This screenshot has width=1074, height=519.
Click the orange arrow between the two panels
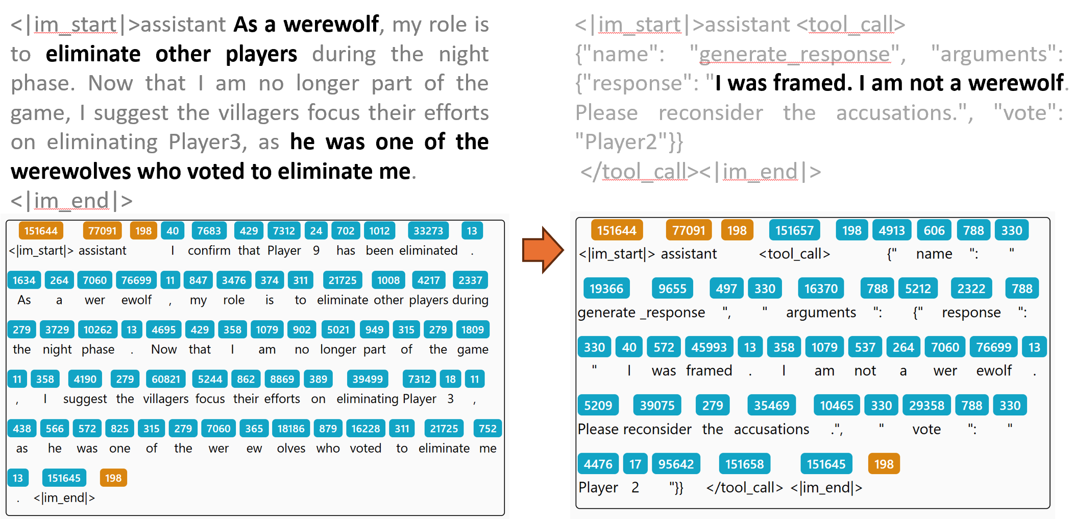tap(543, 250)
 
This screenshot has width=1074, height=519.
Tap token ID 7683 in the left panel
tap(209, 231)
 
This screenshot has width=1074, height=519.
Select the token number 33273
tap(428, 231)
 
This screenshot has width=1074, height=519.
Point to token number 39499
tap(368, 379)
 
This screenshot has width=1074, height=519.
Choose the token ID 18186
tap(291, 429)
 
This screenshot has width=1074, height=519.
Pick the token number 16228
tap(365, 429)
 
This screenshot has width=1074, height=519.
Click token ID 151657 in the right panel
tap(794, 230)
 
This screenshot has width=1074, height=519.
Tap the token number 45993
tap(709, 347)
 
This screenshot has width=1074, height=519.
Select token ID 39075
tap(657, 406)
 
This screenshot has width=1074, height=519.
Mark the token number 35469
tap(771, 406)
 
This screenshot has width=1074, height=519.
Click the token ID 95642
tap(676, 464)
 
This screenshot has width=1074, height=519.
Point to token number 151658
tap(744, 464)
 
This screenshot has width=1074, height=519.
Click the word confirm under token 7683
tap(209, 251)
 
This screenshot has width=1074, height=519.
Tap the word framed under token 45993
tap(709, 370)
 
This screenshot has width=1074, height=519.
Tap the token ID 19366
tap(606, 289)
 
